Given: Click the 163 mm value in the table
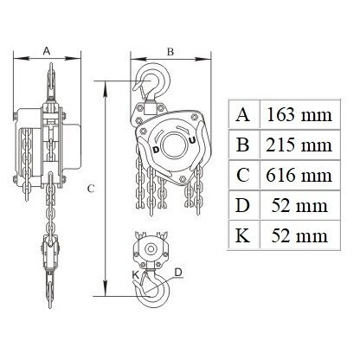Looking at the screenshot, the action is point(299,114).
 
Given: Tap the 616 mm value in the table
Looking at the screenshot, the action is point(299,175).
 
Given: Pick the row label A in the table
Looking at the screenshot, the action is point(242,114).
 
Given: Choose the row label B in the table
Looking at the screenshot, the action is point(242,145).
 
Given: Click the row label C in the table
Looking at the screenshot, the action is point(242,175).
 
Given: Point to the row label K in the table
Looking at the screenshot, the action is point(242,235).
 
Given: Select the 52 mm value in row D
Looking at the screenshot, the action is point(299,205).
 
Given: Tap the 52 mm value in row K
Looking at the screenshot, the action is point(299,235).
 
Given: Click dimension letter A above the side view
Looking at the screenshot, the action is point(47,51).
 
